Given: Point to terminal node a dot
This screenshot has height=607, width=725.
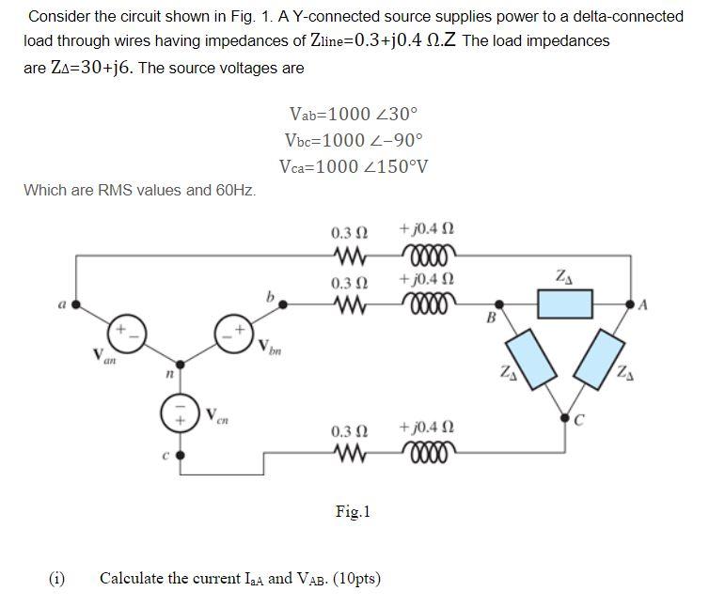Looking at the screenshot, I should pos(76,304).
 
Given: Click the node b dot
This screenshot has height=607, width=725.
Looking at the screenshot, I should pos(285,304).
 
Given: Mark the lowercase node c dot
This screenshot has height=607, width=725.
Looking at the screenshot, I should pos(180,455).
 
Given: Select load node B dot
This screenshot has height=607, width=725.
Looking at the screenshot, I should pos(498,304).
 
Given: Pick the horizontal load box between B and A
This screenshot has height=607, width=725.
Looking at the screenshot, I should pos(564,304).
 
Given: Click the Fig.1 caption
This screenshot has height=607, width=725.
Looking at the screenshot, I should pos(353,512).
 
